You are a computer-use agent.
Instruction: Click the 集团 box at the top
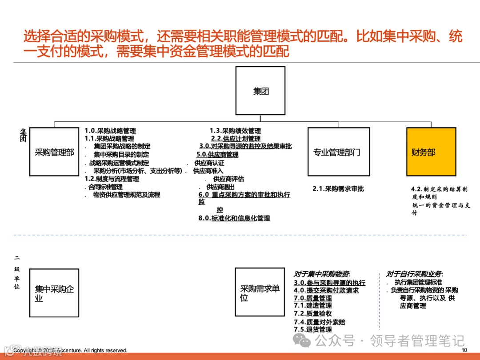260,91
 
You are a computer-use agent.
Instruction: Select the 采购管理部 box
54,152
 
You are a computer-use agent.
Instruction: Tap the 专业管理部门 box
338,152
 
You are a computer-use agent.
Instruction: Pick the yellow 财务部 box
431,152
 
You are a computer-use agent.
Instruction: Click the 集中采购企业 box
54,292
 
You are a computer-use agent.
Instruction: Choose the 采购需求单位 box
260,292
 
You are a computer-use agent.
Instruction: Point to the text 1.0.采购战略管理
110,131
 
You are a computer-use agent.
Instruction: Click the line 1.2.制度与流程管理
112,179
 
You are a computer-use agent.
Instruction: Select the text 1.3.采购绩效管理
235,131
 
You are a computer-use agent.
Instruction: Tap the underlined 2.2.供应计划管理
236,139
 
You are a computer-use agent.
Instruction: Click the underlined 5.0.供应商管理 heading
217,155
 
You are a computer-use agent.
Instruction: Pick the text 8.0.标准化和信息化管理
234,218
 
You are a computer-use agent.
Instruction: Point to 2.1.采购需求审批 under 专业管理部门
338,189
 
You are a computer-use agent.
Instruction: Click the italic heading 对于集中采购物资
322,274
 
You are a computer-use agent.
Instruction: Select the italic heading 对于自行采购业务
415,274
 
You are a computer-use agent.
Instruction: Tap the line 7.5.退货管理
313,329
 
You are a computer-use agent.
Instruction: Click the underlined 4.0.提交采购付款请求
326,290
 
